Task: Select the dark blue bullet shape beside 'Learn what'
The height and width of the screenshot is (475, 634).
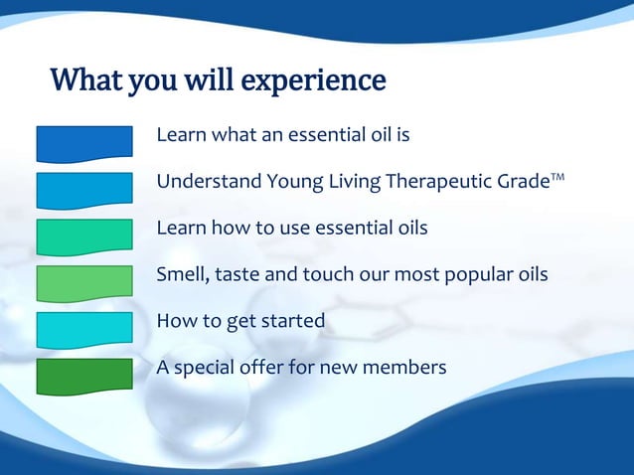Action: coord(84,143)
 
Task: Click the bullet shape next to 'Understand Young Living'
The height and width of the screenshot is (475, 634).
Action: coord(84,190)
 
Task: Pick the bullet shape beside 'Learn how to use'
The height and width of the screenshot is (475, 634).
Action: coord(84,237)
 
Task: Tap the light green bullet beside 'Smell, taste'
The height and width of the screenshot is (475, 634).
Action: coord(84,282)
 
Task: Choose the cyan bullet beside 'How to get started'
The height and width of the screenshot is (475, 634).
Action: coord(84,329)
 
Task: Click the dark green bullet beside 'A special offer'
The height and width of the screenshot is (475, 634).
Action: coord(84,375)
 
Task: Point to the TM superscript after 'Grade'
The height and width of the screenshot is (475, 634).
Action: coord(560,176)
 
